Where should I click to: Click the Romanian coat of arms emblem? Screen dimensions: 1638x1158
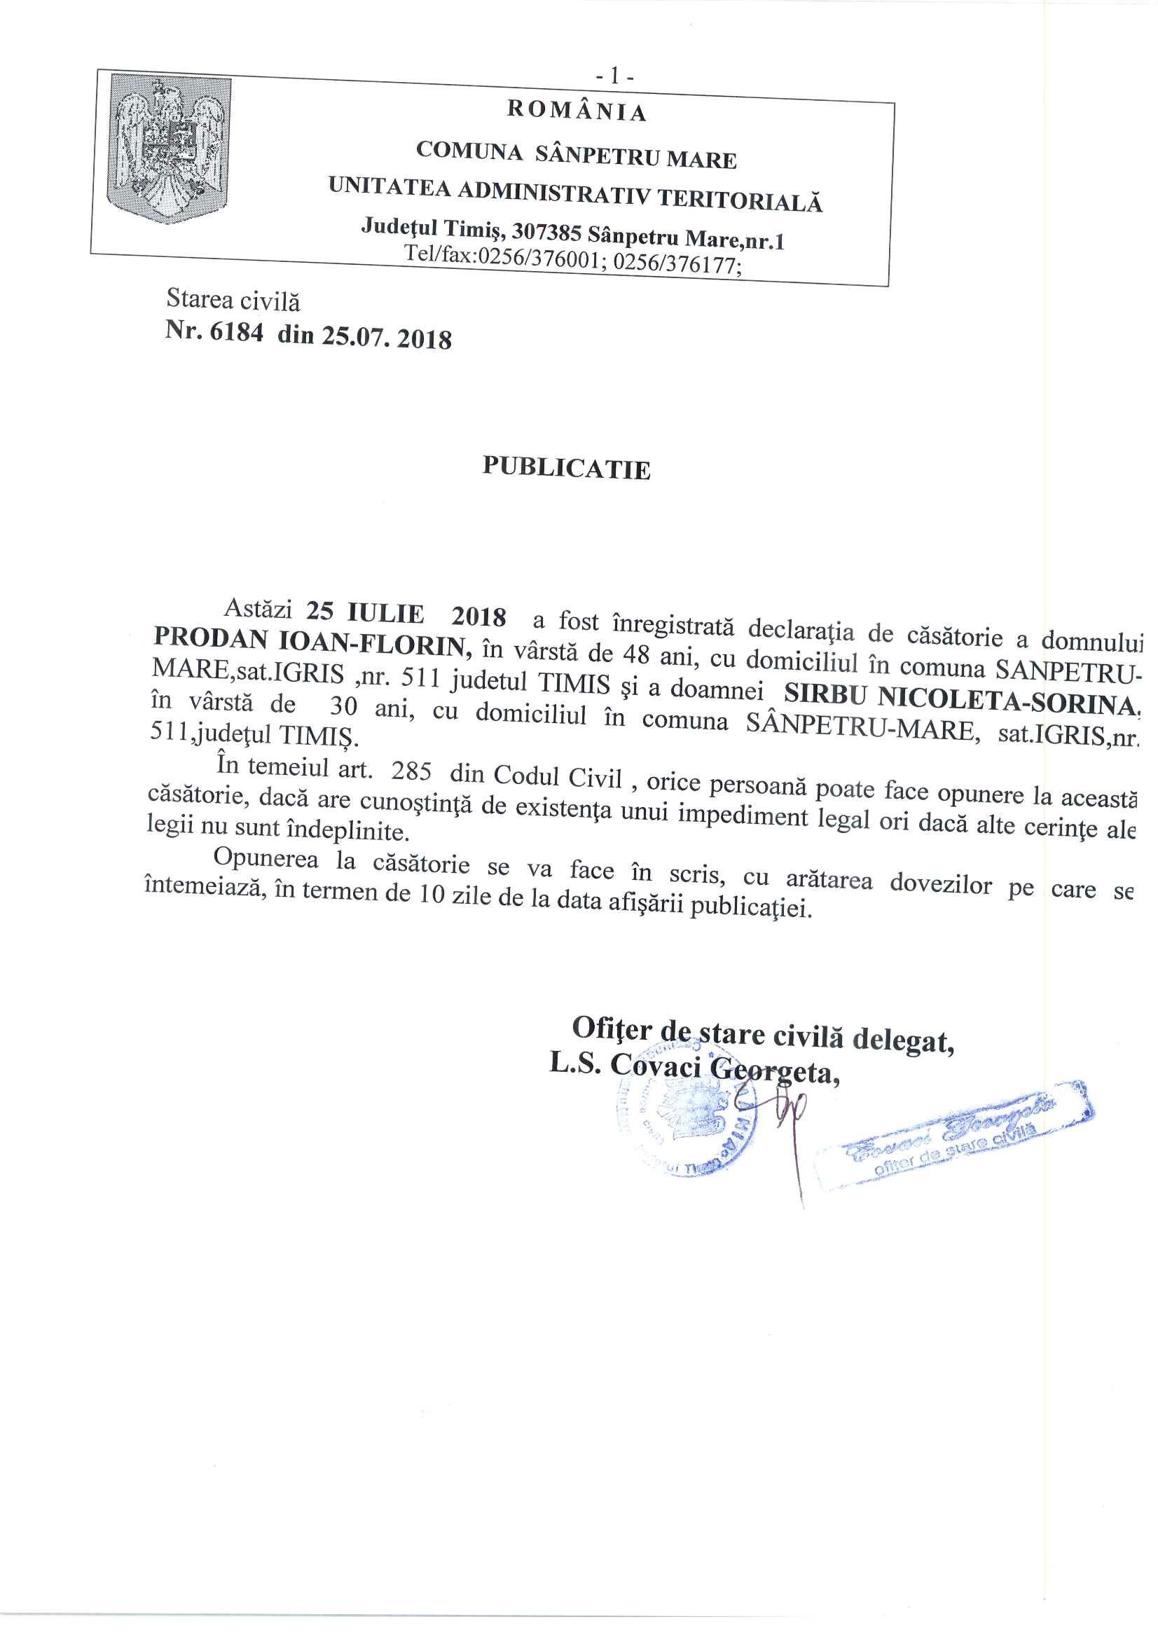point(168,149)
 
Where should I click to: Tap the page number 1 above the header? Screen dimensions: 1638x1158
point(614,76)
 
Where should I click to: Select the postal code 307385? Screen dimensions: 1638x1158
point(546,232)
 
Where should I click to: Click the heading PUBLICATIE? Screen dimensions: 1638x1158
point(567,467)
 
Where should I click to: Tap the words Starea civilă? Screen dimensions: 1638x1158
point(233,301)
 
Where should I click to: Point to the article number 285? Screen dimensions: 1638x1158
point(411,771)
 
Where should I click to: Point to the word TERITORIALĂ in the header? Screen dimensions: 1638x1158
point(739,199)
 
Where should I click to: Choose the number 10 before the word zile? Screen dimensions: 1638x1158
point(432,893)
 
